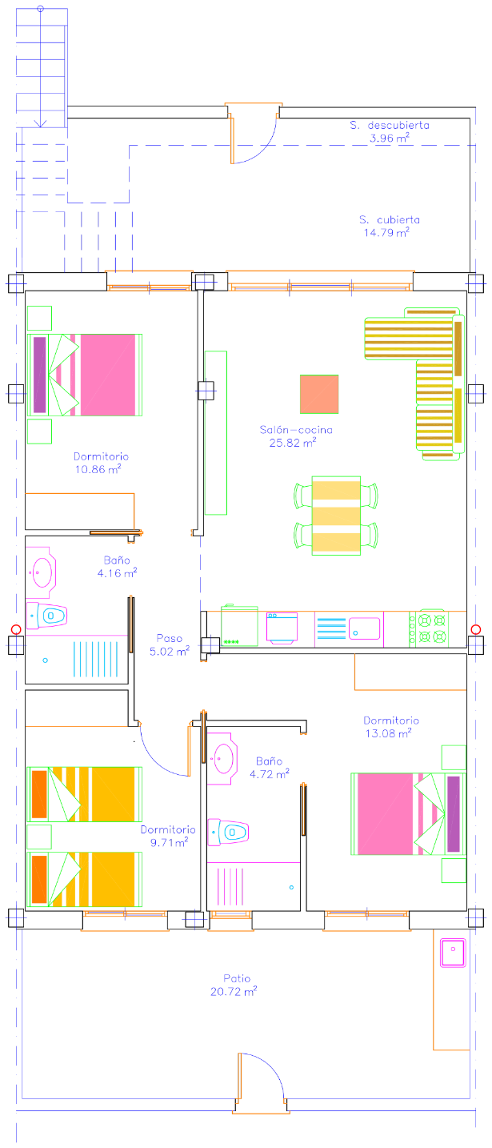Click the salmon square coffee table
(x=319, y=394)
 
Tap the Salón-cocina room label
(x=296, y=430)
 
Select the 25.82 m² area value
(x=293, y=443)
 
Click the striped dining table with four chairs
(x=336, y=516)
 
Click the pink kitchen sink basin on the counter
(x=365, y=628)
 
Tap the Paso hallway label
(x=170, y=638)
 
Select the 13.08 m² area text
(x=388, y=733)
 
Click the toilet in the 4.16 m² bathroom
(x=46, y=616)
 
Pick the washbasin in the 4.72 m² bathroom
(x=222, y=758)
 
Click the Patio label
(x=237, y=978)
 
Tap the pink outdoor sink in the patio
(x=453, y=953)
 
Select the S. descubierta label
(x=390, y=125)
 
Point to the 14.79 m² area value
(x=386, y=233)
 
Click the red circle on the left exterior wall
(x=16, y=629)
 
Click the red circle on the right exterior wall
(x=476, y=629)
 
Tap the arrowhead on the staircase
(x=41, y=123)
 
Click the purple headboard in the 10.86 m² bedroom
(x=39, y=375)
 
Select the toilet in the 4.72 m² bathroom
(x=228, y=832)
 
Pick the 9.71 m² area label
(x=169, y=842)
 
